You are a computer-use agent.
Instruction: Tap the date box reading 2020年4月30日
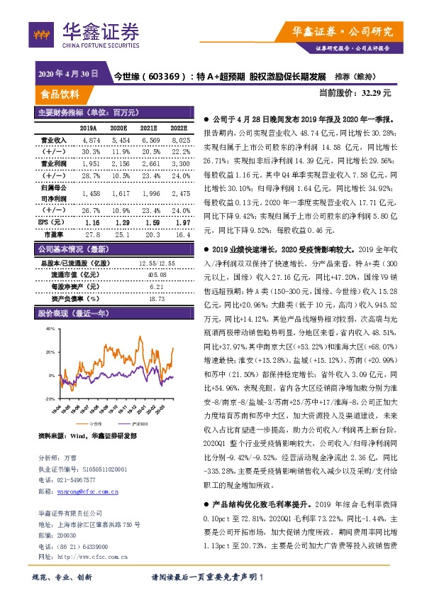[67, 74]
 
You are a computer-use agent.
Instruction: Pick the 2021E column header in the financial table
[148, 129]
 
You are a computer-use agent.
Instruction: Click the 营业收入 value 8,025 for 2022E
[179, 141]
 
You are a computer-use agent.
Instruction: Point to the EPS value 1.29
[118, 222]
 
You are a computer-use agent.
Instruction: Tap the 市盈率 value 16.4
[181, 233]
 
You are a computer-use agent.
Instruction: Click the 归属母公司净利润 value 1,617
[118, 192]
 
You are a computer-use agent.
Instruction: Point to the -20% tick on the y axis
[49, 399]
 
